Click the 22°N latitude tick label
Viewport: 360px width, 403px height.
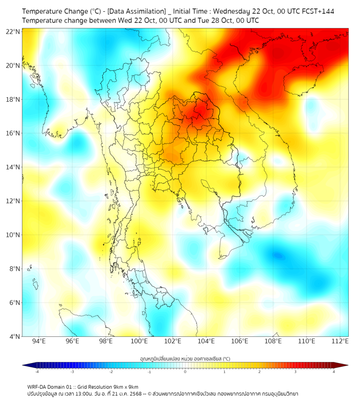pyautogui.click(x=13, y=31)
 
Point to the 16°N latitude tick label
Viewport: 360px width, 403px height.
pyautogui.click(x=13, y=133)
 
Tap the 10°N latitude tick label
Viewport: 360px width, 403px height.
pyautogui.click(x=13, y=235)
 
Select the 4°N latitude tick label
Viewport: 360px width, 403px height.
pyautogui.click(x=14, y=336)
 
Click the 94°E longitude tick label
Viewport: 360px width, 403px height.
pyautogui.click(x=39, y=341)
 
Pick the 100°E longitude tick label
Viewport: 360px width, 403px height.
pyautogui.click(x=140, y=341)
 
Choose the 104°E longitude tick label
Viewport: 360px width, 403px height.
pyautogui.click(x=207, y=341)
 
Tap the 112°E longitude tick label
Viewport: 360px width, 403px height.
pyautogui.click(x=340, y=341)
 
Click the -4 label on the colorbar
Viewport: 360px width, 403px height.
pyautogui.click(x=37, y=372)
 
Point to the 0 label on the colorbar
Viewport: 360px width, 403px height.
pyautogui.click(x=185, y=372)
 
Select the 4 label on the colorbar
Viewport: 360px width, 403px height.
pyautogui.click(x=333, y=372)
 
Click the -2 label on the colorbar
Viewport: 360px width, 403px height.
pyautogui.click(x=111, y=372)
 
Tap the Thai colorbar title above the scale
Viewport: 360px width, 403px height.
pyautogui.click(x=185, y=359)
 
